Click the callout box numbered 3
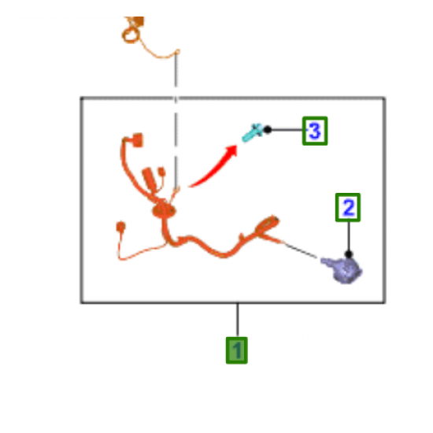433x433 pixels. click(315, 131)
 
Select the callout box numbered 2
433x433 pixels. click(348, 207)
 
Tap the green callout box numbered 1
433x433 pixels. click(237, 350)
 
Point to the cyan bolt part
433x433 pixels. click(252, 133)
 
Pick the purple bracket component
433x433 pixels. click(342, 270)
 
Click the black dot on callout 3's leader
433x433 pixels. click(268, 130)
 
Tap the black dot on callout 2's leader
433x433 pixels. click(349, 254)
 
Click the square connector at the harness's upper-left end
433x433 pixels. click(137, 140)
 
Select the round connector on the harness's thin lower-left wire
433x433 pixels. click(120, 227)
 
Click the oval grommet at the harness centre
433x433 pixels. click(164, 210)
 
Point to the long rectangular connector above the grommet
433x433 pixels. click(150, 179)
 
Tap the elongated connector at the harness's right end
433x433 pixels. click(268, 224)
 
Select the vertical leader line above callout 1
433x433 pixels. click(237, 320)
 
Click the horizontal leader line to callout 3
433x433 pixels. click(287, 130)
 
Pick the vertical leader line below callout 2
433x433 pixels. click(349, 236)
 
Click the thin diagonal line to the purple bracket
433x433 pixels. click(300, 250)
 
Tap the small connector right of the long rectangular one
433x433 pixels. click(161, 172)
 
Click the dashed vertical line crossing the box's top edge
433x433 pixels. click(176, 120)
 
